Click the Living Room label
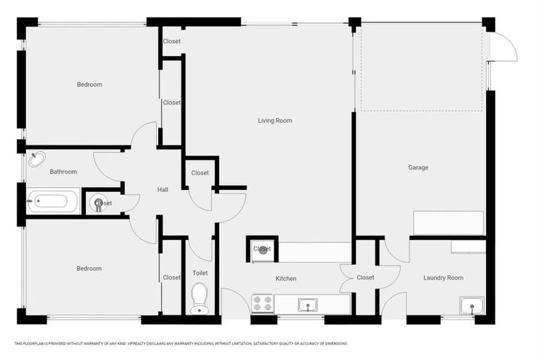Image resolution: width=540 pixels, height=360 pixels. click(274, 120)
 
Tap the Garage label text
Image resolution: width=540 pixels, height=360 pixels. click(418, 167)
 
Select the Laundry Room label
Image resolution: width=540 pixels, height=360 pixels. click(443, 278)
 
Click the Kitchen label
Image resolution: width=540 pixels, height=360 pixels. click(285, 278)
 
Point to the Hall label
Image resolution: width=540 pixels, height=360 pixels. click(162, 189)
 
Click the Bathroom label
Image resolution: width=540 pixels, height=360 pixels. click(63, 172)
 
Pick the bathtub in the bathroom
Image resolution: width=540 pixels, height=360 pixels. click(48, 202)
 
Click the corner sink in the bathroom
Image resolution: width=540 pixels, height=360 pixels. click(37, 159)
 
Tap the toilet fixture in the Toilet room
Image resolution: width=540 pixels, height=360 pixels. click(200, 298)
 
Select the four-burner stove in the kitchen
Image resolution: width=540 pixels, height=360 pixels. click(262, 304)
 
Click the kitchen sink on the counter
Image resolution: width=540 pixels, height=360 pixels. click(306, 304)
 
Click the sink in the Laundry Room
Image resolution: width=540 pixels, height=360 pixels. click(471, 305)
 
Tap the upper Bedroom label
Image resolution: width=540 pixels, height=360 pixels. click(89, 84)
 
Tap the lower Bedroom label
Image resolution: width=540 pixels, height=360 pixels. click(89, 269)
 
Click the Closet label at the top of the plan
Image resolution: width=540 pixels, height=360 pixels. click(172, 41)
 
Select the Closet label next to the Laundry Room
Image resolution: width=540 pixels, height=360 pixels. click(366, 277)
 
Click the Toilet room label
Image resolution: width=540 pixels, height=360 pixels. click(200, 273)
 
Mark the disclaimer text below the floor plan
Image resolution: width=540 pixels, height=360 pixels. click(181, 343)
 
